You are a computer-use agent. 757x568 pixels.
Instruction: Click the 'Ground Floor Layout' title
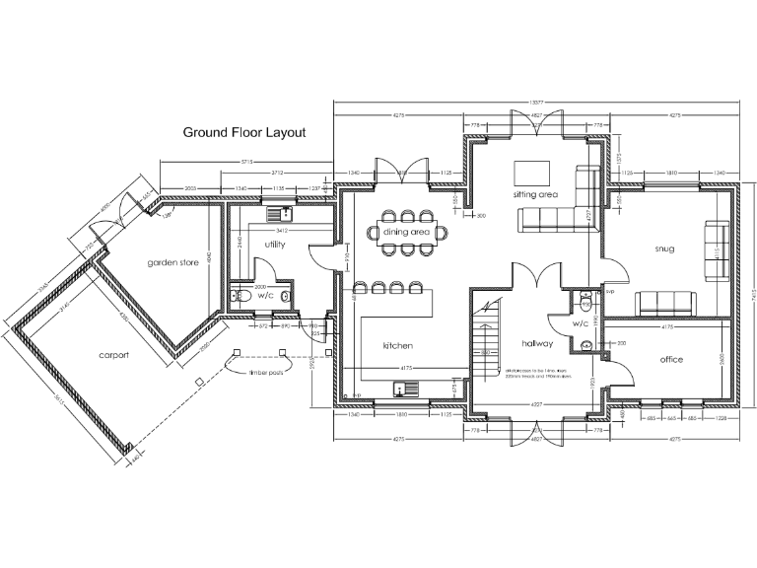244,131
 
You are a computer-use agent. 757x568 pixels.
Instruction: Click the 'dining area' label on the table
408,232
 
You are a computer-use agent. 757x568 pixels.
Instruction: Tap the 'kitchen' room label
398,346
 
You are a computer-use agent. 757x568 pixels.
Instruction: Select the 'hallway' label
537,344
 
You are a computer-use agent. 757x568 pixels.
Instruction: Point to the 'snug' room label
664,249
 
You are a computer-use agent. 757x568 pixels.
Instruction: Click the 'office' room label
671,359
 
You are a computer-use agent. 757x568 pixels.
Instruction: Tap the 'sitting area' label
535,195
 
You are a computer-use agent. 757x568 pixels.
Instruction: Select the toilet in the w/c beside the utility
234,295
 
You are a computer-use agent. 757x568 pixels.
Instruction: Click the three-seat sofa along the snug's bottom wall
667,302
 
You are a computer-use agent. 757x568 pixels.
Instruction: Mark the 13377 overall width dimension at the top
537,102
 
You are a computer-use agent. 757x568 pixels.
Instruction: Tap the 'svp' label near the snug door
609,292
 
